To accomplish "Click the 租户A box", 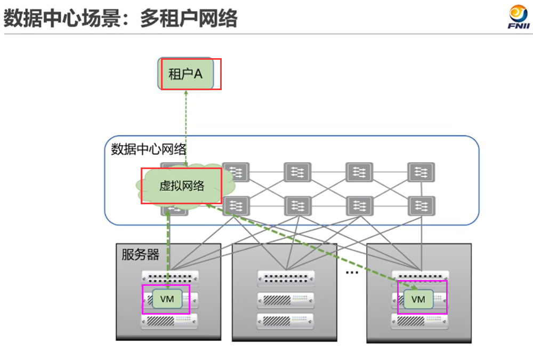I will click(x=189, y=74).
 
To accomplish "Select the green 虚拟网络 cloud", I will click(x=181, y=186).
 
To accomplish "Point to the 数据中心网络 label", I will click(x=149, y=149).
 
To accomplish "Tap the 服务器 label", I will click(x=140, y=254).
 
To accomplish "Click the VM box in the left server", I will click(x=167, y=299).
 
